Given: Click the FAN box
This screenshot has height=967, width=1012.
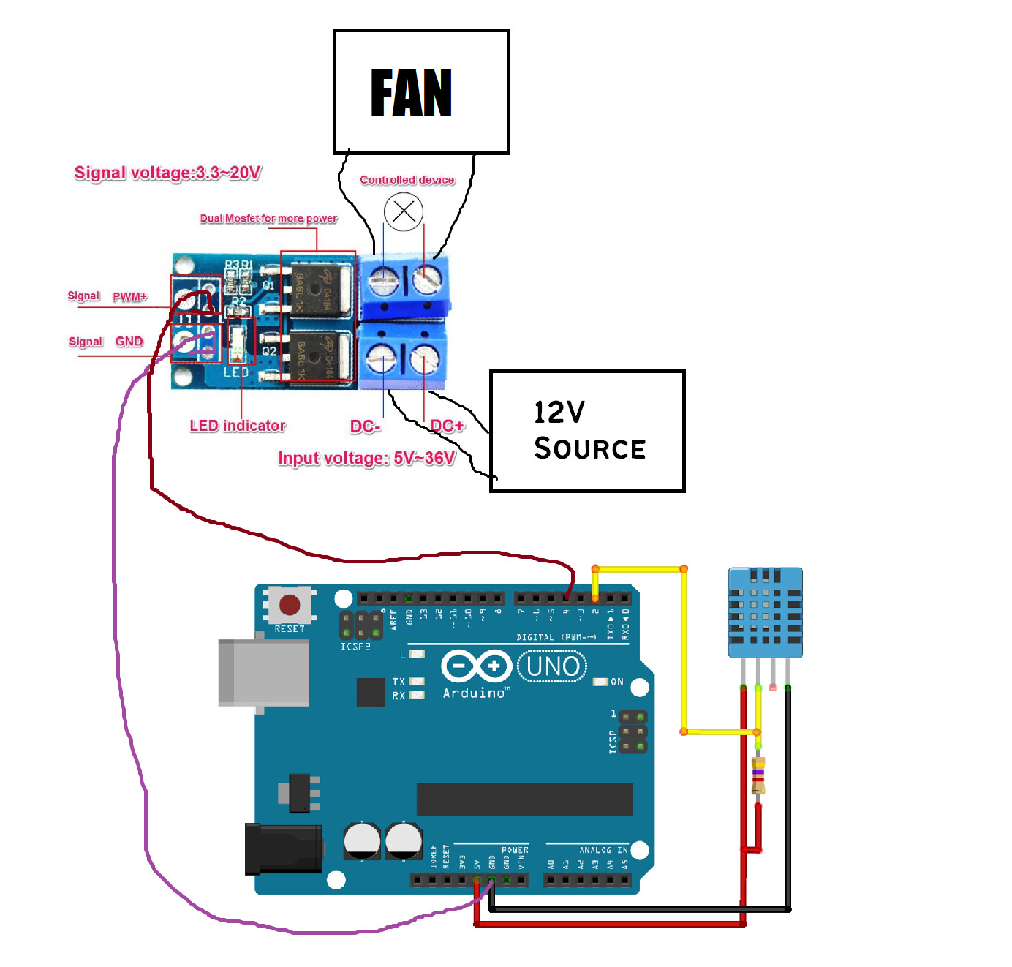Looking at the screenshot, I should [x=420, y=92].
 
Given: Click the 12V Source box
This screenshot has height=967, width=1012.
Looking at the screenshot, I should [x=587, y=431].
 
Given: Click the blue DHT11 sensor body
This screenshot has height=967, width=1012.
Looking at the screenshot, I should [x=765, y=613].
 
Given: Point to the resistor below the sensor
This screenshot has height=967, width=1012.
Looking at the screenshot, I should [x=758, y=776].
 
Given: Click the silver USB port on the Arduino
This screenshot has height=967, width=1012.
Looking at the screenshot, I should [x=263, y=672].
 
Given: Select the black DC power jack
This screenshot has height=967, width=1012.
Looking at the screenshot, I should [x=284, y=849].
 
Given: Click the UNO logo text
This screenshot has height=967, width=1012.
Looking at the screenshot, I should [x=552, y=666].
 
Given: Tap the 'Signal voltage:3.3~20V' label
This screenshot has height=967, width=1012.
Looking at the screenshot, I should [x=167, y=173].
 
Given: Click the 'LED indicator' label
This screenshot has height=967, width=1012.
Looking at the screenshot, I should [x=238, y=426].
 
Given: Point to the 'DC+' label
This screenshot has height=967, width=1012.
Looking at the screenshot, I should [x=447, y=426].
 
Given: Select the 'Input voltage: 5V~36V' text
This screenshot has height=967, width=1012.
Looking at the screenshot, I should [x=366, y=459].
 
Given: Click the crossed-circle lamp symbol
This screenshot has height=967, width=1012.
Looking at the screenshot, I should [x=404, y=212].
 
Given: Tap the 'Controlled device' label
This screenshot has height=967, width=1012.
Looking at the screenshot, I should [x=407, y=180].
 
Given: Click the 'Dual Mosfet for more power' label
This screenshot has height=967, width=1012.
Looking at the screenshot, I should [x=268, y=219].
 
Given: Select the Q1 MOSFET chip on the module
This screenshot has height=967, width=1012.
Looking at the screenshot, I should [x=317, y=287].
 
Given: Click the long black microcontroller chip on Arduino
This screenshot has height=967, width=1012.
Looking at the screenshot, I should [x=524, y=799].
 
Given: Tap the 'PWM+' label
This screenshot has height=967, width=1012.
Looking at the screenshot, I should [x=130, y=296].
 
